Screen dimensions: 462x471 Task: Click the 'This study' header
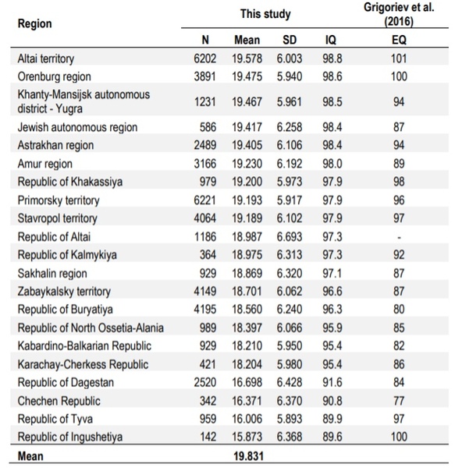coord(265,14)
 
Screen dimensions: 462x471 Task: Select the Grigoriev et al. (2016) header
coord(399,14)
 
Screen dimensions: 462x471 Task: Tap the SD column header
coord(290,40)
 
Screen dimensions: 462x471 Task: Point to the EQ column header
coord(399,40)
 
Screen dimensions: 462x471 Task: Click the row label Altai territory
coord(46,58)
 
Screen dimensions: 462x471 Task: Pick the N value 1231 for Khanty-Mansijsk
coord(204,102)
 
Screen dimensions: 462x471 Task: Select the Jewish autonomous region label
coord(77,127)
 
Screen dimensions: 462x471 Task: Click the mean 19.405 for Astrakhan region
coord(247,145)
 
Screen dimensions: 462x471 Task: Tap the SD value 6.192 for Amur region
coord(290,164)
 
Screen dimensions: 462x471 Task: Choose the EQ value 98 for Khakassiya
coord(399,182)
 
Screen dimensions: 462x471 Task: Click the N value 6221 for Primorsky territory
coord(204,200)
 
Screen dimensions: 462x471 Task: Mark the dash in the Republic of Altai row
coord(399,238)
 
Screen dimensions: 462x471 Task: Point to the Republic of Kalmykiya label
coord(67,255)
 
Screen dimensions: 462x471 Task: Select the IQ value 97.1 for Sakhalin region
coord(332,274)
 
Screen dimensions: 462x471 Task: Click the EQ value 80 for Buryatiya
coord(399,310)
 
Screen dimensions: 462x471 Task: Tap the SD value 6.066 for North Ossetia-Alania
coord(290,328)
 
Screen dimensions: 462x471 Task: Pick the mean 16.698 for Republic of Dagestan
coord(247,382)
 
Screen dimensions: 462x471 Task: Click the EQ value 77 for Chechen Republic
coord(399,401)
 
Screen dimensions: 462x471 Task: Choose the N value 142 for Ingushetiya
coord(208,437)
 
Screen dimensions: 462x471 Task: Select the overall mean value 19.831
coord(249,456)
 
